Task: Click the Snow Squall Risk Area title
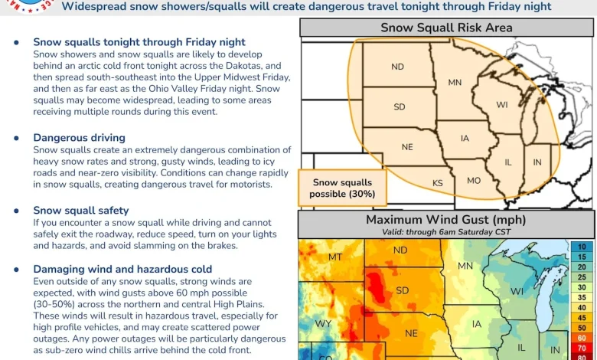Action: [446, 28]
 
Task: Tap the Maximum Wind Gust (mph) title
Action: [446, 221]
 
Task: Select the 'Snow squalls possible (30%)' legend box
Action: [342, 188]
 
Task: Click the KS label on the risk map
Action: [438, 183]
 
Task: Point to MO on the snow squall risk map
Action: [474, 180]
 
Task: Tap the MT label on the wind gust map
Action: [335, 257]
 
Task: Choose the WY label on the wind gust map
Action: [324, 324]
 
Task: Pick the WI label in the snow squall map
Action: [502, 104]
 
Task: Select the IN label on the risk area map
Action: [537, 162]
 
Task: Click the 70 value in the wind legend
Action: [582, 347]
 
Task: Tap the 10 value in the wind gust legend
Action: [582, 246]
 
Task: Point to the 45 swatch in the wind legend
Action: [582, 317]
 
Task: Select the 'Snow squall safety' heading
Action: [80, 211]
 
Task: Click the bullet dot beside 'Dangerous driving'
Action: [17, 138]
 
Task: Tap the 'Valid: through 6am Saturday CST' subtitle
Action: [446, 231]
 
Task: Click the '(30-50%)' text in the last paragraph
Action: [56, 304]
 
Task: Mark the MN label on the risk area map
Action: [455, 83]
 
